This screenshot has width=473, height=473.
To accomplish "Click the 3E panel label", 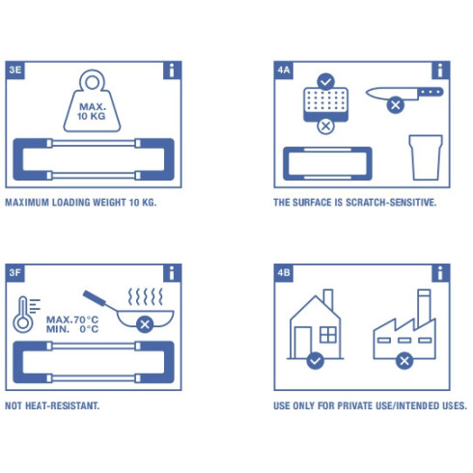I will [15, 70].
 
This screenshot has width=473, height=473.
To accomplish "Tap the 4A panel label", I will [284, 70].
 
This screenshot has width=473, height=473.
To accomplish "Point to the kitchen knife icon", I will [403, 93].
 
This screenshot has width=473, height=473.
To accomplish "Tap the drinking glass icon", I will [425, 156].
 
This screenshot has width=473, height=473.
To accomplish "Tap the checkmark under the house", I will [314, 361].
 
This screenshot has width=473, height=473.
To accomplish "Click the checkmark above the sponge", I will [325, 81].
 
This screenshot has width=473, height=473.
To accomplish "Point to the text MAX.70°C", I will [72, 319].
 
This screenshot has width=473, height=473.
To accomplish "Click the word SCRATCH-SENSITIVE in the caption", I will [397, 204].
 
